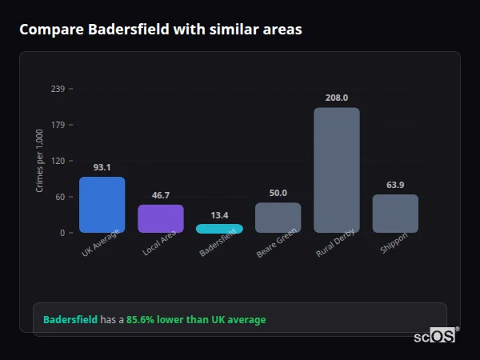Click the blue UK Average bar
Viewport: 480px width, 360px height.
pos(102,205)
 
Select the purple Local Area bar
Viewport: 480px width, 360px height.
pos(161,218)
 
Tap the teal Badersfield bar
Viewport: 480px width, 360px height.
pos(219,229)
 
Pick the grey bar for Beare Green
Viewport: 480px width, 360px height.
pos(278,217)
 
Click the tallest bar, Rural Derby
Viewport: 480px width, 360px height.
pos(337,170)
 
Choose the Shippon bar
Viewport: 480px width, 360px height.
pos(395,214)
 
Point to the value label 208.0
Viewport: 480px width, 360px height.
pos(337,98)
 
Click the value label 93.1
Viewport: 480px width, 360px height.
pos(102,167)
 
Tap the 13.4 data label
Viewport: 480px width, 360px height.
pos(219,214)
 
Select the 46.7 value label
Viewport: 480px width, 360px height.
pos(161,195)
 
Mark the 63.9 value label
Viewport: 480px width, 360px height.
pos(395,185)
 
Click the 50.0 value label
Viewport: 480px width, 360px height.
pos(278,193)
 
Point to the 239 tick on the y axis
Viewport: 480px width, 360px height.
pos(58,89)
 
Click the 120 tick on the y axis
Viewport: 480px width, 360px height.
pos(58,161)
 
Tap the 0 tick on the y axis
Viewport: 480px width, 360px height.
pos(62,233)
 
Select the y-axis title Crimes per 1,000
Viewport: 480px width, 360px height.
pos(40,161)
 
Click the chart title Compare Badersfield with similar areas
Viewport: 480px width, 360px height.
pos(160,30)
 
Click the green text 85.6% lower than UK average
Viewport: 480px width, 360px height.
pos(196,320)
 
